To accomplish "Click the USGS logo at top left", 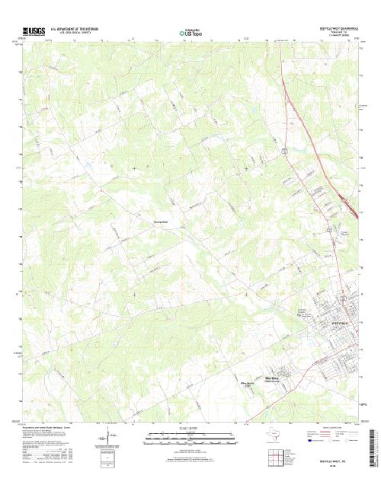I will tap(35, 31).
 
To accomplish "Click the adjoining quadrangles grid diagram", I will tap(275, 457).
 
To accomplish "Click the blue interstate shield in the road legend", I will tap(310, 440).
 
